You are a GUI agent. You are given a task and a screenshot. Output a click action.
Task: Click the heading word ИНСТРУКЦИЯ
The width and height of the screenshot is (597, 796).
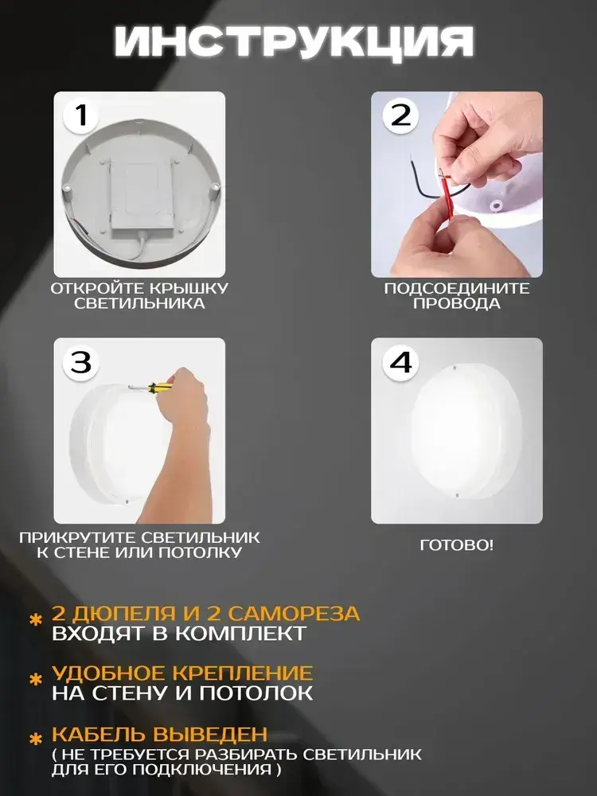point(295,41)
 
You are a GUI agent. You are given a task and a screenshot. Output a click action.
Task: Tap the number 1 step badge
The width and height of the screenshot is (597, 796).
point(81,116)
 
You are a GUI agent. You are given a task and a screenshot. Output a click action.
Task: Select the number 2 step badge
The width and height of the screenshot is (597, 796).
point(400,116)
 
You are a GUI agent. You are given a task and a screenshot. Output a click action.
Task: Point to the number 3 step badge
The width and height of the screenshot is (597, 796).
point(81,362)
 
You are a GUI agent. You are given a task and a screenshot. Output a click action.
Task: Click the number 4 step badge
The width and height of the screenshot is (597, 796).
point(400,362)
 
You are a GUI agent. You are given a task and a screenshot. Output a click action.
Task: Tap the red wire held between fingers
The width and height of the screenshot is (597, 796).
point(446,198)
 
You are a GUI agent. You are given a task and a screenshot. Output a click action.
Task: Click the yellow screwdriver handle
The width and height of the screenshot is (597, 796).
point(155,388)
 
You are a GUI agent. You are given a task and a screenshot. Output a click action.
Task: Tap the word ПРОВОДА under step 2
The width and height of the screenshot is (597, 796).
point(456,303)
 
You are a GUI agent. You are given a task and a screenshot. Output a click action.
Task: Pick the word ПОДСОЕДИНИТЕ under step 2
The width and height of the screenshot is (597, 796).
point(456,288)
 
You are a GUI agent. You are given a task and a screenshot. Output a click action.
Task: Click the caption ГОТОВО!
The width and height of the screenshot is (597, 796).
point(456,545)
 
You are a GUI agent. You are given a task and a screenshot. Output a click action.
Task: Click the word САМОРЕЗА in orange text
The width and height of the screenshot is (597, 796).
point(294,613)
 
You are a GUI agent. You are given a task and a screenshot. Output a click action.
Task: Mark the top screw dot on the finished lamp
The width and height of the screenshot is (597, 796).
point(455,366)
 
